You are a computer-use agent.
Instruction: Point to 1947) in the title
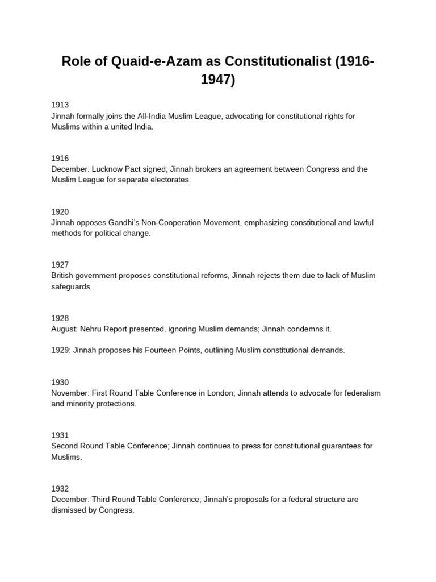(x=218, y=80)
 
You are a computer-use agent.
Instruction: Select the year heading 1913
(x=60, y=105)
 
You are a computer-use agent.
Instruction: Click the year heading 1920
(x=60, y=212)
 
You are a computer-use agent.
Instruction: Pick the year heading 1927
(x=60, y=265)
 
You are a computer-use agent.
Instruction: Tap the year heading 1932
(x=60, y=489)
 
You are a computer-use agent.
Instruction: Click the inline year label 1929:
(x=61, y=350)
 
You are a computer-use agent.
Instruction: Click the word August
(x=64, y=329)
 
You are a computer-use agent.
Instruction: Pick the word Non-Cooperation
(x=177, y=222)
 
